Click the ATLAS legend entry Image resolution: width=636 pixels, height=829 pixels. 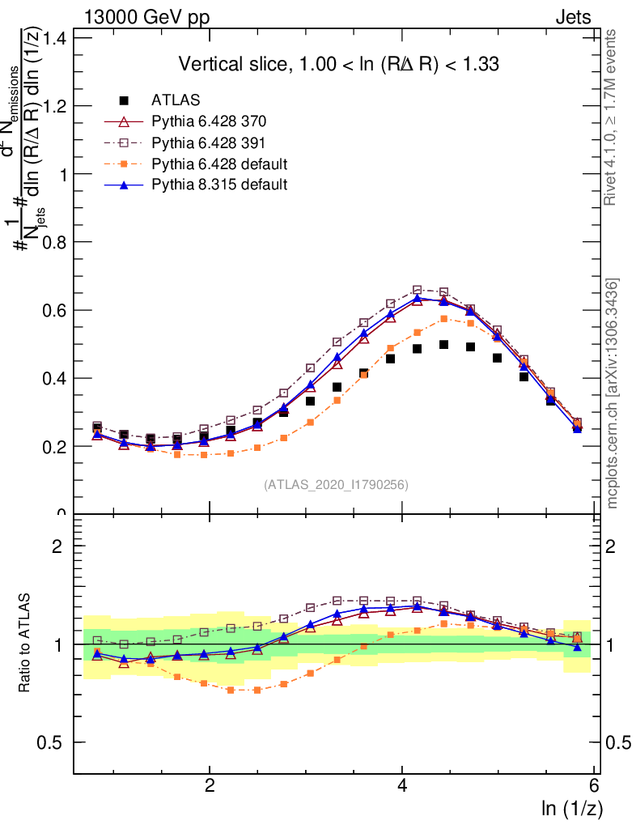[176, 100]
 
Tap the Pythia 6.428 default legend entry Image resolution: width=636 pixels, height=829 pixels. [219, 164]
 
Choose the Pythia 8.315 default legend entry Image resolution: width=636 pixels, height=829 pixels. [219, 185]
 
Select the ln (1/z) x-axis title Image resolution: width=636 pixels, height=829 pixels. [572, 807]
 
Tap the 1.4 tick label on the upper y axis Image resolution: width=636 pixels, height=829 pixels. [53, 38]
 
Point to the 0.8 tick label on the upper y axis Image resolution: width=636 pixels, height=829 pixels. [53, 242]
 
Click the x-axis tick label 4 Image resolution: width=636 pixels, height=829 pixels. [403, 786]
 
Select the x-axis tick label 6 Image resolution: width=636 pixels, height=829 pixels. [595, 786]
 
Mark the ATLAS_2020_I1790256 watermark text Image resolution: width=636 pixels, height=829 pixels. [335, 485]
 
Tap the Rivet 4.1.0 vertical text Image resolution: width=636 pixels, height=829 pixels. [613, 117]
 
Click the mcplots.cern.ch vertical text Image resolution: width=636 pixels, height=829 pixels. [613, 393]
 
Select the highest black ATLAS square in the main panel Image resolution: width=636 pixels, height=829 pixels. [443, 344]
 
